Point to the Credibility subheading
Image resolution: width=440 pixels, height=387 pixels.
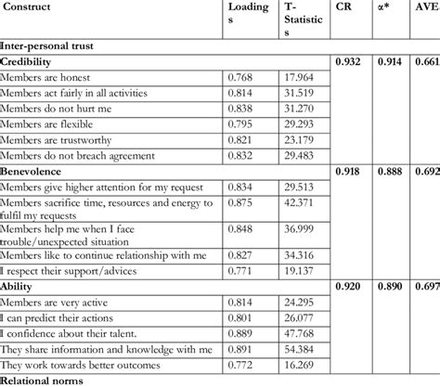point(27,61)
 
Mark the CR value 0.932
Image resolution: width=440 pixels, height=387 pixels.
point(348,61)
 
